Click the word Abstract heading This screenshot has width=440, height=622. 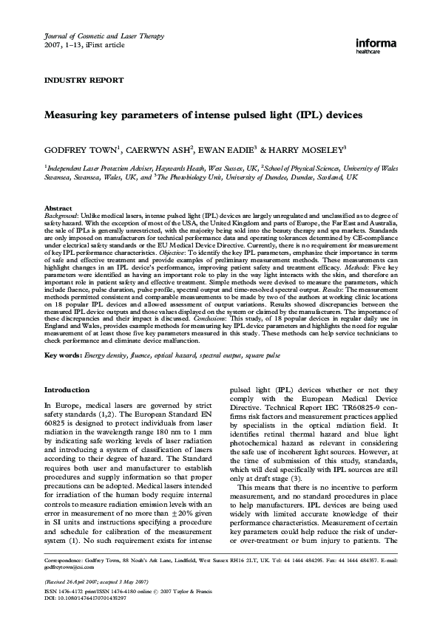pyautogui.click(x=58, y=209)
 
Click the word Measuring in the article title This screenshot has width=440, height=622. pyautogui.click(x=74, y=115)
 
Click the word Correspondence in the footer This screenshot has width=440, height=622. pyautogui.click(x=64, y=561)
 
